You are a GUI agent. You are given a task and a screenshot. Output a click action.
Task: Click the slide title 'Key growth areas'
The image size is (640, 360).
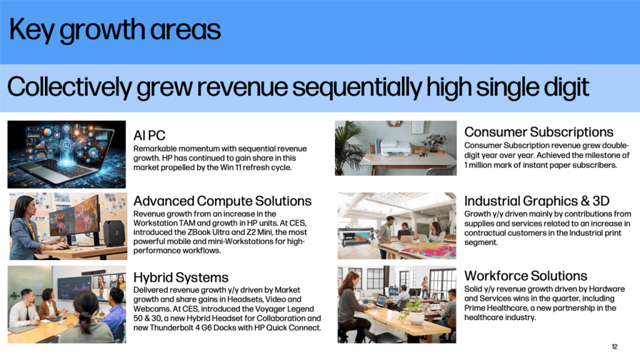(115, 31)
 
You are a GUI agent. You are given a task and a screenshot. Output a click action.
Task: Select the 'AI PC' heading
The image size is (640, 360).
(149, 136)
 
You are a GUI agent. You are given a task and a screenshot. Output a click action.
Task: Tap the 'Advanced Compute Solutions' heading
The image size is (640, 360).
(222, 201)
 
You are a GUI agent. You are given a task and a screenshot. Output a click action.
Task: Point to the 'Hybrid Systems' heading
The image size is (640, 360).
(181, 277)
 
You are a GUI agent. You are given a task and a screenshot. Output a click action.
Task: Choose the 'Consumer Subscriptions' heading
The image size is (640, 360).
(539, 132)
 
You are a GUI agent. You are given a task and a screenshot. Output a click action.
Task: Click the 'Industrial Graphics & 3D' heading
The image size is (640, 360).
(537, 201)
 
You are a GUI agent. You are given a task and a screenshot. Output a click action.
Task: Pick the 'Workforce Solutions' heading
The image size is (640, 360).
(526, 276)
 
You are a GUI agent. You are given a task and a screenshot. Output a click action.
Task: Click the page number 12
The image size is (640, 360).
(614, 346)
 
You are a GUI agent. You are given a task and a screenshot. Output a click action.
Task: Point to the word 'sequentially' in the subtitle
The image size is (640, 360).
(357, 87)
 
